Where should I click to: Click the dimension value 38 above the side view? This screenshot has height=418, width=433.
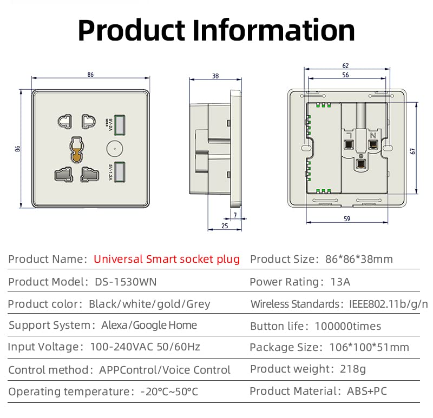tap(215, 76)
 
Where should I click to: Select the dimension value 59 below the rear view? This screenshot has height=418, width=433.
tap(347, 218)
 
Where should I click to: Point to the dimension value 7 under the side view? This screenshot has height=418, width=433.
tap(235, 215)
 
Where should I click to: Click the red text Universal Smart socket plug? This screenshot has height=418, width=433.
tap(167, 259)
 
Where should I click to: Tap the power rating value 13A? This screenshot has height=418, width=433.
tap(340, 282)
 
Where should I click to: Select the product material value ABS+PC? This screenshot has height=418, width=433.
tap(367, 391)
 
